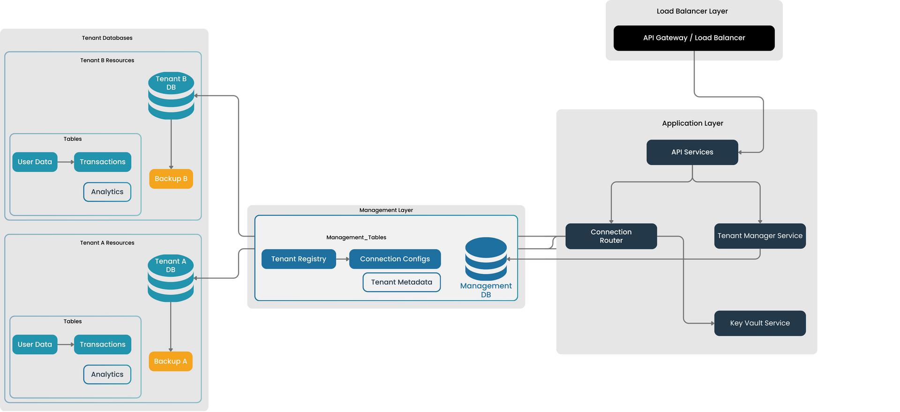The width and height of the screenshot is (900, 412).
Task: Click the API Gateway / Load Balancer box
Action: (694, 38)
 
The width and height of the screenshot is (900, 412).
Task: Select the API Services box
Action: (692, 152)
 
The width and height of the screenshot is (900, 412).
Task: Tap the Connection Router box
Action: (611, 236)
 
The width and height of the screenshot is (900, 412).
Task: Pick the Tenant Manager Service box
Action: (759, 236)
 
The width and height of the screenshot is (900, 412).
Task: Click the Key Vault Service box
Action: (759, 323)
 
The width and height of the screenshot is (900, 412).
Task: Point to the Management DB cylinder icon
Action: (486, 259)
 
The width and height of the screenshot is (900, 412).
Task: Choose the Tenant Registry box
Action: (299, 259)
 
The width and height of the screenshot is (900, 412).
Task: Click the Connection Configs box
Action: (395, 259)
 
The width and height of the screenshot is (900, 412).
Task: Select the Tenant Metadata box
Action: (401, 282)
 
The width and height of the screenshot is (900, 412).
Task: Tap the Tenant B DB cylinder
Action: (171, 96)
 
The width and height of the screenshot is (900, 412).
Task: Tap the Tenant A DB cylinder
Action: (171, 278)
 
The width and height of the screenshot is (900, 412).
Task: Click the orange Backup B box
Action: (171, 179)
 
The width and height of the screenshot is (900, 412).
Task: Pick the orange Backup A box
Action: (171, 361)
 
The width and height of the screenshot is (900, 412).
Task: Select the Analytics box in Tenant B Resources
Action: (107, 192)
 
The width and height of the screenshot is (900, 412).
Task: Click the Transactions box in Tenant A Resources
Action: (103, 344)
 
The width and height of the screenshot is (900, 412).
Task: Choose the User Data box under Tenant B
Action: (35, 162)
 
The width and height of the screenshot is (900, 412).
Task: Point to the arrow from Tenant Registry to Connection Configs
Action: (343, 259)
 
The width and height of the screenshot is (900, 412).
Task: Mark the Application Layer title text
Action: (692, 123)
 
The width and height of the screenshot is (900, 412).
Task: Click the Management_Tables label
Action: (356, 237)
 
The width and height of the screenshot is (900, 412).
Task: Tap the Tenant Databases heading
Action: (107, 38)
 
